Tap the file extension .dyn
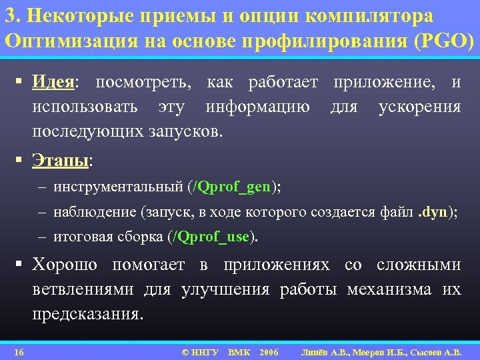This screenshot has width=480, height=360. click(433, 212)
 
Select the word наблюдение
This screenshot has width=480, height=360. click(96, 212)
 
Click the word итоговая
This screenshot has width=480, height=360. click(81, 236)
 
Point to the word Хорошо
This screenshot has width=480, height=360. click(65, 265)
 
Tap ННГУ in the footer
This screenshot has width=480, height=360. click(205, 351)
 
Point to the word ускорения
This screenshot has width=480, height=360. click(419, 107)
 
